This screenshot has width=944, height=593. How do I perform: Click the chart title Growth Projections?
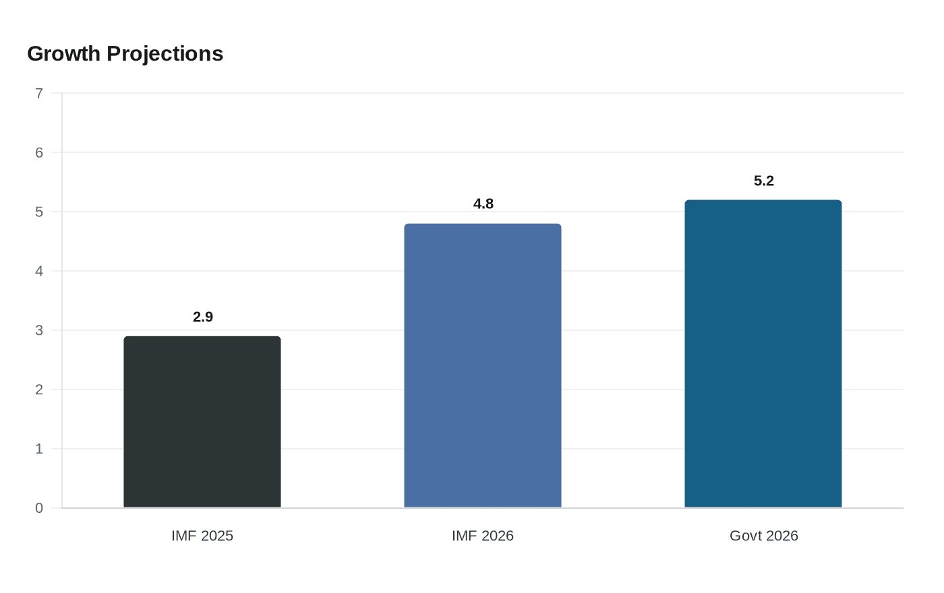pyautogui.click(x=125, y=54)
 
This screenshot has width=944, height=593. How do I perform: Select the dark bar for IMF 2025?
pyautogui.click(x=202, y=422)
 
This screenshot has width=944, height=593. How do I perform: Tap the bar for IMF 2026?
pyautogui.click(x=483, y=365)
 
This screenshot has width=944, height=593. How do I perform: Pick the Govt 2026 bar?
pyautogui.click(x=763, y=354)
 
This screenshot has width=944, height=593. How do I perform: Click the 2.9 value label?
pyautogui.click(x=203, y=317)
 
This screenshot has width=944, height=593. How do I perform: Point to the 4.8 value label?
pyautogui.click(x=483, y=204)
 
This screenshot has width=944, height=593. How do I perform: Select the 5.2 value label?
pyautogui.click(x=764, y=181)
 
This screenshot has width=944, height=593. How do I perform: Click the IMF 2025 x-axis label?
pyautogui.click(x=202, y=536)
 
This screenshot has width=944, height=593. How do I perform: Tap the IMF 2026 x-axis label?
pyautogui.click(x=483, y=536)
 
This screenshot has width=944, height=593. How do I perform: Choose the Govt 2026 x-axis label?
pyautogui.click(x=764, y=536)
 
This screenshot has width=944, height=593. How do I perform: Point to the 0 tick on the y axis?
pyautogui.click(x=39, y=508)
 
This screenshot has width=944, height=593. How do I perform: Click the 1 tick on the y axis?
pyautogui.click(x=39, y=449)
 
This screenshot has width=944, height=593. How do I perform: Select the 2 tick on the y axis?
pyautogui.click(x=39, y=389)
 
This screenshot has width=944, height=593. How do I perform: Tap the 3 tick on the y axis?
pyautogui.click(x=39, y=330)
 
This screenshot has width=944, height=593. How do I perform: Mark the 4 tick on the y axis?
pyautogui.click(x=39, y=271)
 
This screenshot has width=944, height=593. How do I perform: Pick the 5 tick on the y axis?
pyautogui.click(x=39, y=212)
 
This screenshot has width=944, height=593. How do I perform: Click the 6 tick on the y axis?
pyautogui.click(x=39, y=152)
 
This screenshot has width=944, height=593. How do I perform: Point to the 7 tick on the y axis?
pyautogui.click(x=39, y=93)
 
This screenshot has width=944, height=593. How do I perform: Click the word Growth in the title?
pyautogui.click(x=64, y=54)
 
